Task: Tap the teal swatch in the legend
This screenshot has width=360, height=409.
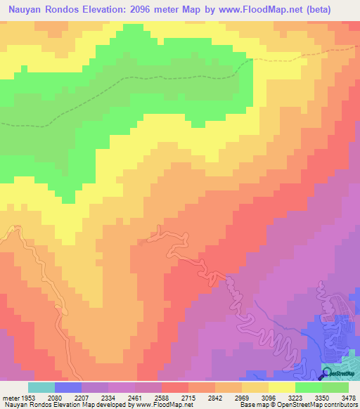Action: click(x=41, y=387)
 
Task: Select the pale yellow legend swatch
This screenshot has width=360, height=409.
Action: click(x=282, y=387)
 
